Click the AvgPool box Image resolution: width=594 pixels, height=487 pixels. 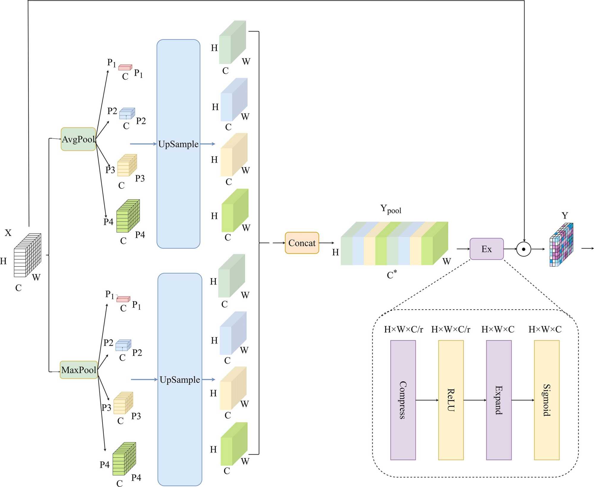tap(78, 139)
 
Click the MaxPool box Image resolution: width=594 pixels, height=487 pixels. tap(79, 370)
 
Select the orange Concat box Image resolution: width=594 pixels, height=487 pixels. tap(302, 243)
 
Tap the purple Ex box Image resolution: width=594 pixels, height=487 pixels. tap(486, 249)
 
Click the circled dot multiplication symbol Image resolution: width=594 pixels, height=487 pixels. tap(524, 249)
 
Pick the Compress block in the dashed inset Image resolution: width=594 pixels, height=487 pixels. tap(403, 400)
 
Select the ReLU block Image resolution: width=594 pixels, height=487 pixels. tap(451, 400)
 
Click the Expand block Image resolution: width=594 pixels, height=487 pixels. tap(499, 400)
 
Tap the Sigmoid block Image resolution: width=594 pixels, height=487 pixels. tap(547, 400)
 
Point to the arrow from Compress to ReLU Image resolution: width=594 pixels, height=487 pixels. tap(427, 400)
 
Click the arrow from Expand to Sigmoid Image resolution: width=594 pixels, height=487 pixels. tap(523, 400)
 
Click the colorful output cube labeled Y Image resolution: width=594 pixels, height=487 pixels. tap(561, 245)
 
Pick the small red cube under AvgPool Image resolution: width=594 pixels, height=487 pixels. tap(125, 67)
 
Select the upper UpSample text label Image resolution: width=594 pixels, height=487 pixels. tap(178, 144)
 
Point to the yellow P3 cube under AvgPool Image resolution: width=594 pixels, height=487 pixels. tap(127, 165)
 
